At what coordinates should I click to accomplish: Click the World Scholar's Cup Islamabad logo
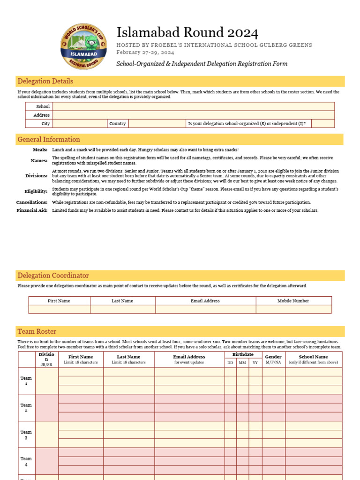coord(83,47)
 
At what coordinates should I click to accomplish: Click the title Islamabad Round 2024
coord(187,32)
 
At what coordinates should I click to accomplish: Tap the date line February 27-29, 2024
coord(145,52)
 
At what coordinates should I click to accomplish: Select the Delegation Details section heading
coord(45,81)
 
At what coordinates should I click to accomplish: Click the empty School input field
coord(194,106)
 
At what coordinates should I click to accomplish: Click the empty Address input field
coord(194,115)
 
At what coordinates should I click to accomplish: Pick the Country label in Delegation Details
coord(117,124)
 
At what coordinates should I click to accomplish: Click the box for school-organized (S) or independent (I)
coord(322,124)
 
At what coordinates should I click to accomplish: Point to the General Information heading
coord(49,139)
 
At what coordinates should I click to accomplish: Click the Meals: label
coord(40,150)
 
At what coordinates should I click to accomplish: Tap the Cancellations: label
coord(32,202)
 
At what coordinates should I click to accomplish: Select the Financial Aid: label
coord(32,210)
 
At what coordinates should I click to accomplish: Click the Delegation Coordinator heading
coord(53,275)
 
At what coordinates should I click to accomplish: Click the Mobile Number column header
coord(293,301)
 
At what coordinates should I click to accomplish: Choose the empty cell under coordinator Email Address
coord(205,309)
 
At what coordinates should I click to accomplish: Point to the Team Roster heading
coord(37,331)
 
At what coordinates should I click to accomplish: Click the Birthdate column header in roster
coord(243,355)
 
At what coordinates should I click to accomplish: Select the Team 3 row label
coord(26,435)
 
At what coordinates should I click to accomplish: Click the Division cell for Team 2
coord(46,407)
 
